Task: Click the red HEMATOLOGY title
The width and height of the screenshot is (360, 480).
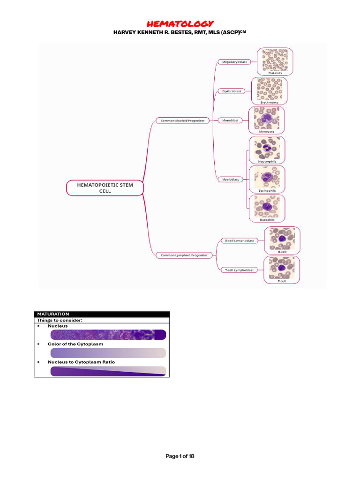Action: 180,23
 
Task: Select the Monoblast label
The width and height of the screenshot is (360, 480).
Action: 230,120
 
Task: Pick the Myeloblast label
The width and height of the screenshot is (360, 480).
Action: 231,179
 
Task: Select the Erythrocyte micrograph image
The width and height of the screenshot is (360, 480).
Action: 270,89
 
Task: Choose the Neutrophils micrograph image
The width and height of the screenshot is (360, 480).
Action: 267,148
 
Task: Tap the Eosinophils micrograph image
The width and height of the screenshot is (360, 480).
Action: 267,177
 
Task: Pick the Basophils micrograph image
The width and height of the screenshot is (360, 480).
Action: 267,207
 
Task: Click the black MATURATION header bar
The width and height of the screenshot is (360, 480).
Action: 102,314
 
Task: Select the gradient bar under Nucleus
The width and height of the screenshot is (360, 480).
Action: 107,334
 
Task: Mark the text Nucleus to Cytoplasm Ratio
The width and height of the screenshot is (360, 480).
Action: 81,362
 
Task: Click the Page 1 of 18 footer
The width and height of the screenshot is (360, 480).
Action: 180,457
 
